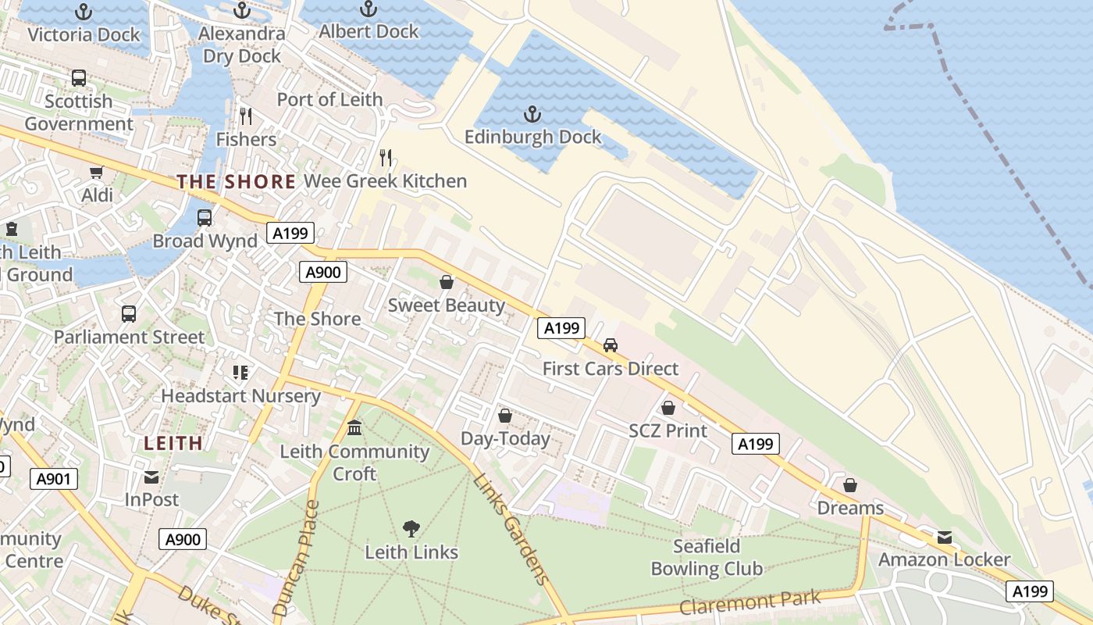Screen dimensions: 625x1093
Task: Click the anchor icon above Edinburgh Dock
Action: (532, 115)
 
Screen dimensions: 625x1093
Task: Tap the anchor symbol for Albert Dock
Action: (368, 9)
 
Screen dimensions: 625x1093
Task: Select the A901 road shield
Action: (54, 478)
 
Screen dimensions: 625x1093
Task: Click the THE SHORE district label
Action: (236, 182)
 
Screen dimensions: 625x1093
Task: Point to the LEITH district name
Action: (173, 443)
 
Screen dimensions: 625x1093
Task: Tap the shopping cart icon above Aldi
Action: (96, 173)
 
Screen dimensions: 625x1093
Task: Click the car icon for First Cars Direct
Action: (611, 345)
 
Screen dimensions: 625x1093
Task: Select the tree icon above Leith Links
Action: (411, 529)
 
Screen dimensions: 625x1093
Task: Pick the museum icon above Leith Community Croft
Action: (354, 428)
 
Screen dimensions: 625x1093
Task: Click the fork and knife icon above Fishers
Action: (246, 116)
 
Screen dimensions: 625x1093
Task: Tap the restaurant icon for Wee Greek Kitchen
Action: (385, 158)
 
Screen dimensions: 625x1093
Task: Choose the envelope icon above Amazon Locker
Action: (945, 537)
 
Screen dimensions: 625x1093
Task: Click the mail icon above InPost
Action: (151, 477)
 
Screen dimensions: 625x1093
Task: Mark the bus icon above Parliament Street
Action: (129, 314)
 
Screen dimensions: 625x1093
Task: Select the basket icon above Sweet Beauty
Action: (447, 282)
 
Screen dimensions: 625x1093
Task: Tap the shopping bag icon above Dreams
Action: (850, 485)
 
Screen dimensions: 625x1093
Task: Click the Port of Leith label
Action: (329, 99)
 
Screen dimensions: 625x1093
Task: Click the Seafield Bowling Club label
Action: (707, 557)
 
